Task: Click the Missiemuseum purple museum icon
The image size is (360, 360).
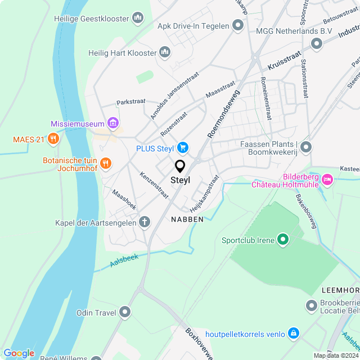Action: point(113,123)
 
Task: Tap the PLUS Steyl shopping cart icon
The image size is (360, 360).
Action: point(182,148)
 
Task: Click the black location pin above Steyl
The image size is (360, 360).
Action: point(180,166)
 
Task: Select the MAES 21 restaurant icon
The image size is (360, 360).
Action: point(53,138)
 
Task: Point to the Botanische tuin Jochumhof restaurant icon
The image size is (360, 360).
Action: point(106,164)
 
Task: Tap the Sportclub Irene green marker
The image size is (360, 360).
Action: point(283,240)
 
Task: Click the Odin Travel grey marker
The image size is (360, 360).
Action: point(125,312)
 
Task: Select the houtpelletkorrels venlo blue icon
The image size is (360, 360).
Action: point(293,334)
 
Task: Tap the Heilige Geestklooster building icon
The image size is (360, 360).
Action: point(138,19)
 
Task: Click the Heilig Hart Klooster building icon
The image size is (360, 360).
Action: point(165,53)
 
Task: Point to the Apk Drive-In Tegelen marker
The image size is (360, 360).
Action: point(237,25)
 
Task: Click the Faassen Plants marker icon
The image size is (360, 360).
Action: point(306,148)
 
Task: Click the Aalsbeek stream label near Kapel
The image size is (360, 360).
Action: point(124,260)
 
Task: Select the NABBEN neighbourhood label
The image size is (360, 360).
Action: point(187,219)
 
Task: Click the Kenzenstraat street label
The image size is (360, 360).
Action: point(154,185)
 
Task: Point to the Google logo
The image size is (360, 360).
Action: point(19,353)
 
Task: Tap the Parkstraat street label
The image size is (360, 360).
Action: point(130,102)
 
